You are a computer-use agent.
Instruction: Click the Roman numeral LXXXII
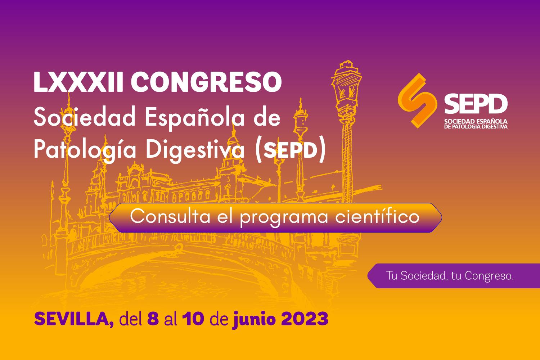78,82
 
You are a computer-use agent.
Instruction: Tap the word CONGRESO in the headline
206,82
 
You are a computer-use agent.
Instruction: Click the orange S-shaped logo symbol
417,100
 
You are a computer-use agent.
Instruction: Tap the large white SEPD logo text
476,104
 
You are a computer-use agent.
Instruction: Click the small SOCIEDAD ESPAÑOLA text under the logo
476,121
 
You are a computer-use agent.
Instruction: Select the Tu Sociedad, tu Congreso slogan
450,276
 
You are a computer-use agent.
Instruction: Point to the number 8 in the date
153,319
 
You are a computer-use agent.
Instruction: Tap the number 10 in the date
193,319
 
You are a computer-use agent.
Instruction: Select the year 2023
305,319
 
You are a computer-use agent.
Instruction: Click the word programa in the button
284,217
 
